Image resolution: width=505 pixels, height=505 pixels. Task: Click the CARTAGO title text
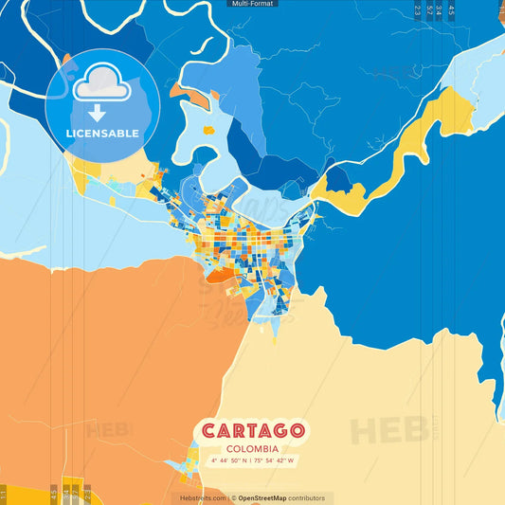(252, 431)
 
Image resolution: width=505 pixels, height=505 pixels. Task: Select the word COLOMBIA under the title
(252, 448)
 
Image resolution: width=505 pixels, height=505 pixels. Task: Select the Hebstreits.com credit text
(202, 498)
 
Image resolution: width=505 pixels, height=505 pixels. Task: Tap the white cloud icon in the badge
(102, 83)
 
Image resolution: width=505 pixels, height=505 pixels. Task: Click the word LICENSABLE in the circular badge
(102, 133)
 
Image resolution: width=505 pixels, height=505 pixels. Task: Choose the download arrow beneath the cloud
(97, 113)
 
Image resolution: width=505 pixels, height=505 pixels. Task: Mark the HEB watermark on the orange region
(109, 429)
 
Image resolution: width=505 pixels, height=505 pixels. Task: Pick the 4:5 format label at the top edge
(452, 10)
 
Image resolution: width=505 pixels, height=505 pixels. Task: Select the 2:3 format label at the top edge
(417, 10)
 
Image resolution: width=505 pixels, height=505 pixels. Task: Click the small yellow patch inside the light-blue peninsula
(207, 130)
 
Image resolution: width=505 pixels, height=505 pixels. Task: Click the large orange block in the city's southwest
(219, 275)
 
